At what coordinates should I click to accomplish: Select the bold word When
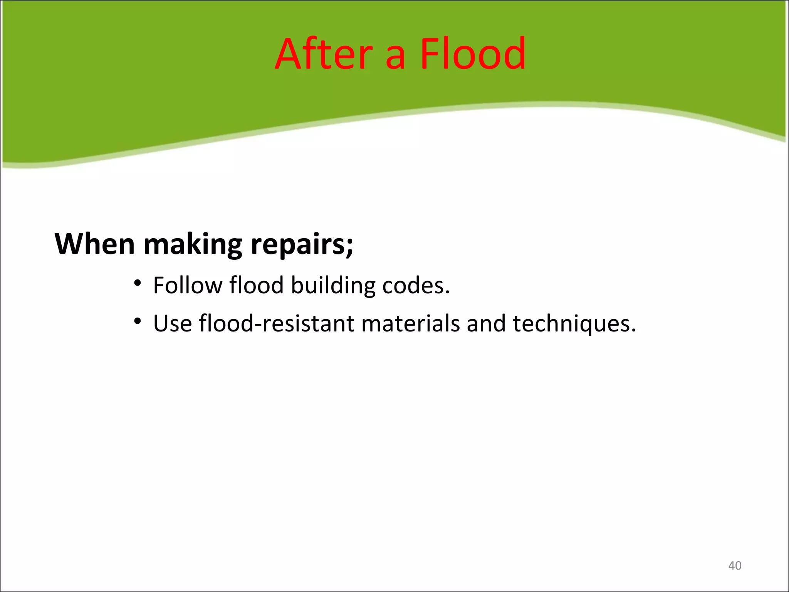pos(95,244)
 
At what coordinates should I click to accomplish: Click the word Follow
pos(188,285)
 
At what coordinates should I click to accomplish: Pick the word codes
pos(415,285)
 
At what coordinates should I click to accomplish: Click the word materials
pos(410,323)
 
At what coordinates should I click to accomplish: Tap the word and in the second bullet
pos(486,323)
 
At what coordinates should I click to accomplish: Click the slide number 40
pos(734,565)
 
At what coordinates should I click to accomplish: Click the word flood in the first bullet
pos(256,285)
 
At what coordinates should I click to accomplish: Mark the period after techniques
pos(633,331)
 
